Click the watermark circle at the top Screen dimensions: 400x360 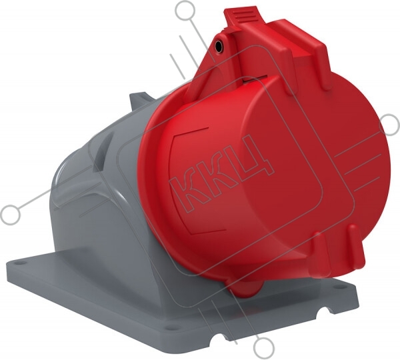tap(185, 11)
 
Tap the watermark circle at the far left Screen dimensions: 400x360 tap(10, 215)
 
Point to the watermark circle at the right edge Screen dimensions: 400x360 tap(389, 125)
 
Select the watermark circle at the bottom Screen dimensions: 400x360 tap(264, 347)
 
